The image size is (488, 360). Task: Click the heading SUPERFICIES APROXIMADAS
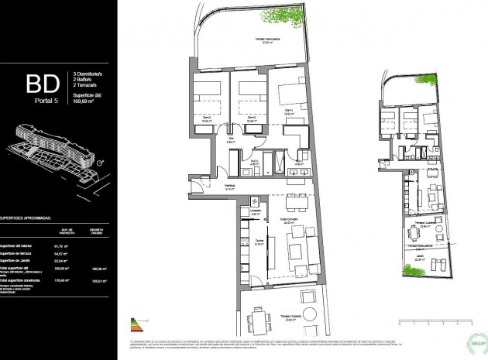pyautogui.click(x=31, y=218)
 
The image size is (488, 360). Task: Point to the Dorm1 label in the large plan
pyautogui.click(x=287, y=111)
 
